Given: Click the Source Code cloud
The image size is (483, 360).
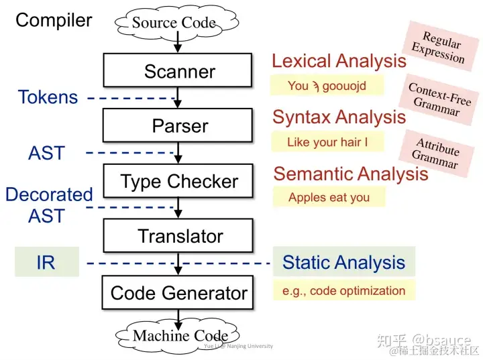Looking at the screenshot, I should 173,23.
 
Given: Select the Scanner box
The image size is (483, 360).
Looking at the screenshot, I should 178,71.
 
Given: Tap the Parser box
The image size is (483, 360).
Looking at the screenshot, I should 178,126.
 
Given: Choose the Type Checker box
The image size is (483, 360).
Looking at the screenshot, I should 178,181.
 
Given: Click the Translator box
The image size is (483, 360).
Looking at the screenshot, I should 178,236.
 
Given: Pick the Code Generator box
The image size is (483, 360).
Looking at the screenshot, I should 178,293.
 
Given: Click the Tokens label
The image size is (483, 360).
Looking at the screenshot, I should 47,98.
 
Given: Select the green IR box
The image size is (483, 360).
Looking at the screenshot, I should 47,262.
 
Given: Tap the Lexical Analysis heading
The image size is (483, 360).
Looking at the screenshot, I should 339,61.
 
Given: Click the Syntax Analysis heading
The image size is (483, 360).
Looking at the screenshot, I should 339,117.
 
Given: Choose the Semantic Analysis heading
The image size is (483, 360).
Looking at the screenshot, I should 350,174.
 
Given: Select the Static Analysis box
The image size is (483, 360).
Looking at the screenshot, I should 343,262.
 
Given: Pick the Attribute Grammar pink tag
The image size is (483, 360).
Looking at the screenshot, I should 437,154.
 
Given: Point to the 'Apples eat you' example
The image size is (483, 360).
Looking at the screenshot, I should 329,197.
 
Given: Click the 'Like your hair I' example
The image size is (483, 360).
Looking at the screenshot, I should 327,142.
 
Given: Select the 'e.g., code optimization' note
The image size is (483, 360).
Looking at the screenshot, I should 343,290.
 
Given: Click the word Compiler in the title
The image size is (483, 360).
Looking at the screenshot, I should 54,20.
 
